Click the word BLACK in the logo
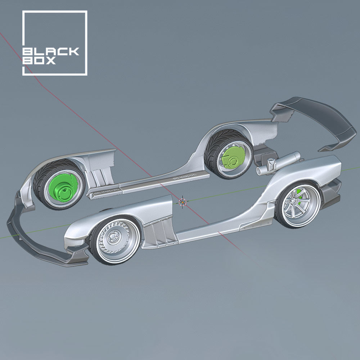click(50, 51)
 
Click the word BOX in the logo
click(40, 61)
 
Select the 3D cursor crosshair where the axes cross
click(183, 202)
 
